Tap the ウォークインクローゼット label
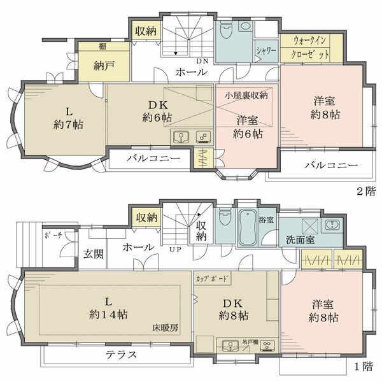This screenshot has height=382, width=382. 311,48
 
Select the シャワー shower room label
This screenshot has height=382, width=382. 267,52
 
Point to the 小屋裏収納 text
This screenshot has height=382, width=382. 246,95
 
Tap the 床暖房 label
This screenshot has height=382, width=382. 165,329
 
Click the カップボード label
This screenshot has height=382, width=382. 213,279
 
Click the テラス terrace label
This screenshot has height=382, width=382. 119,355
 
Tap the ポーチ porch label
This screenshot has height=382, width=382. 53,235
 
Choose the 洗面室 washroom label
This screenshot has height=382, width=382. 300,241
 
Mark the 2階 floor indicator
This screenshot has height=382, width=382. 365,191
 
